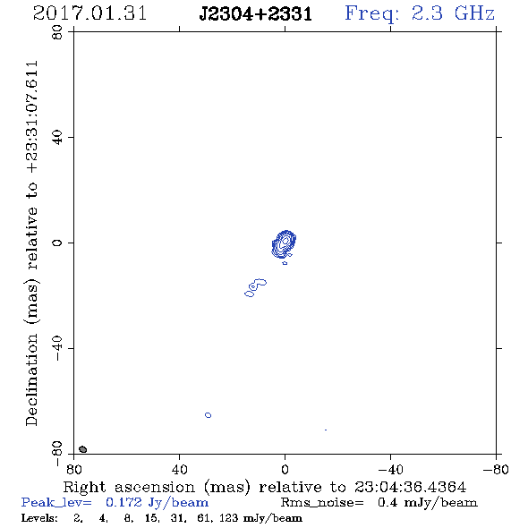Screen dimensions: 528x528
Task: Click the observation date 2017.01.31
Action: [x=89, y=13]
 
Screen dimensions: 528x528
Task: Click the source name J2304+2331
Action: [x=256, y=14]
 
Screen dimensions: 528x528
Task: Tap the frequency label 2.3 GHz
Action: [x=453, y=13]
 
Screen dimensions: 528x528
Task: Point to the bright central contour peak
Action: [x=285, y=241]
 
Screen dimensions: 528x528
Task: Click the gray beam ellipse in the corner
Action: [x=82, y=449]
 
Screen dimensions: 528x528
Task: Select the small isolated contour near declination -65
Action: [x=209, y=415]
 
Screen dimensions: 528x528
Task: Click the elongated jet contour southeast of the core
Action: [x=255, y=288]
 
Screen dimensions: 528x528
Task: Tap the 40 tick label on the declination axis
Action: [x=57, y=138]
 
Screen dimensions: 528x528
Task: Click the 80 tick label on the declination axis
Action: [x=57, y=32]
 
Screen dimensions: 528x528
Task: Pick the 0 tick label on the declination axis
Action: [x=57, y=243]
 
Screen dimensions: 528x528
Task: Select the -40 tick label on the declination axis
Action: [x=57, y=348]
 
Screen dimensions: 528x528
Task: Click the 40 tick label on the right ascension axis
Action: [x=179, y=469]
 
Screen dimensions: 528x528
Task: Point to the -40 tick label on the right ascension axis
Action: [x=390, y=469]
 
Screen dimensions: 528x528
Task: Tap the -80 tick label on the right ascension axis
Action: [x=496, y=469]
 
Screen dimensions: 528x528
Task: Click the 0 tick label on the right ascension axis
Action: [x=285, y=469]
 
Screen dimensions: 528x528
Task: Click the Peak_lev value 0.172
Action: [x=123, y=502]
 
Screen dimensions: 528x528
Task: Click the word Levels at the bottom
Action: [x=39, y=518]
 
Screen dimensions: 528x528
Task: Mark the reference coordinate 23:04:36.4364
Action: [x=410, y=487]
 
